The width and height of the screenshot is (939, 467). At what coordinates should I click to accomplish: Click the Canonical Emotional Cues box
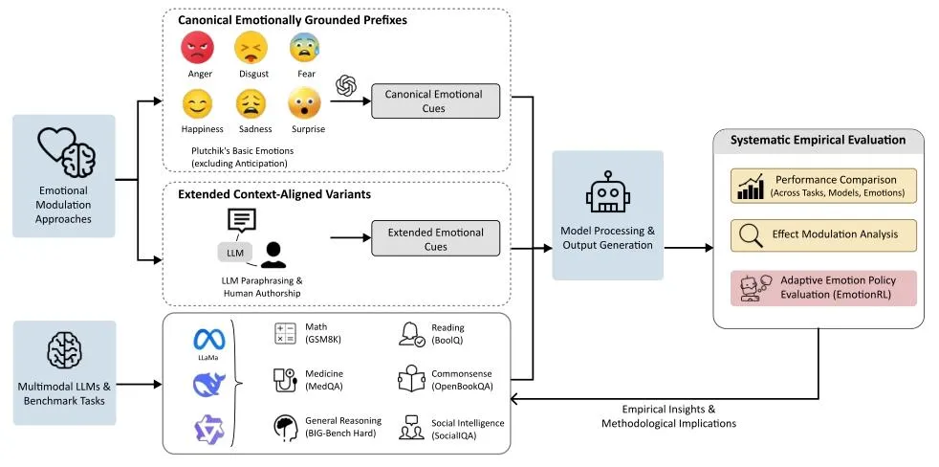tap(433, 100)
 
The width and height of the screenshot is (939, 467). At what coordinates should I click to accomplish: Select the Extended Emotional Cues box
tap(435, 239)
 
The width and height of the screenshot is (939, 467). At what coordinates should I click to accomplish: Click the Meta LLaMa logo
tap(208, 340)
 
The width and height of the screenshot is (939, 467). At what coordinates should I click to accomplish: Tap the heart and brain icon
tap(64, 153)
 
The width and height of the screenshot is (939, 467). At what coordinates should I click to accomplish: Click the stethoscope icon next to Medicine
tap(285, 380)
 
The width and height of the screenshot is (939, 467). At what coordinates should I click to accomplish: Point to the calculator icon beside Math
tap(285, 333)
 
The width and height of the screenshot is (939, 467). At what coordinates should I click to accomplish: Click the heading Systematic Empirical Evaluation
tap(818, 141)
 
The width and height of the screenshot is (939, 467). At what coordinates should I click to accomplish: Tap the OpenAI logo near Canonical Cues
tap(345, 85)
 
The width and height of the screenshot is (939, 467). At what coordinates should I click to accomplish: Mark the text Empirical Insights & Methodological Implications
tap(667, 416)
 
